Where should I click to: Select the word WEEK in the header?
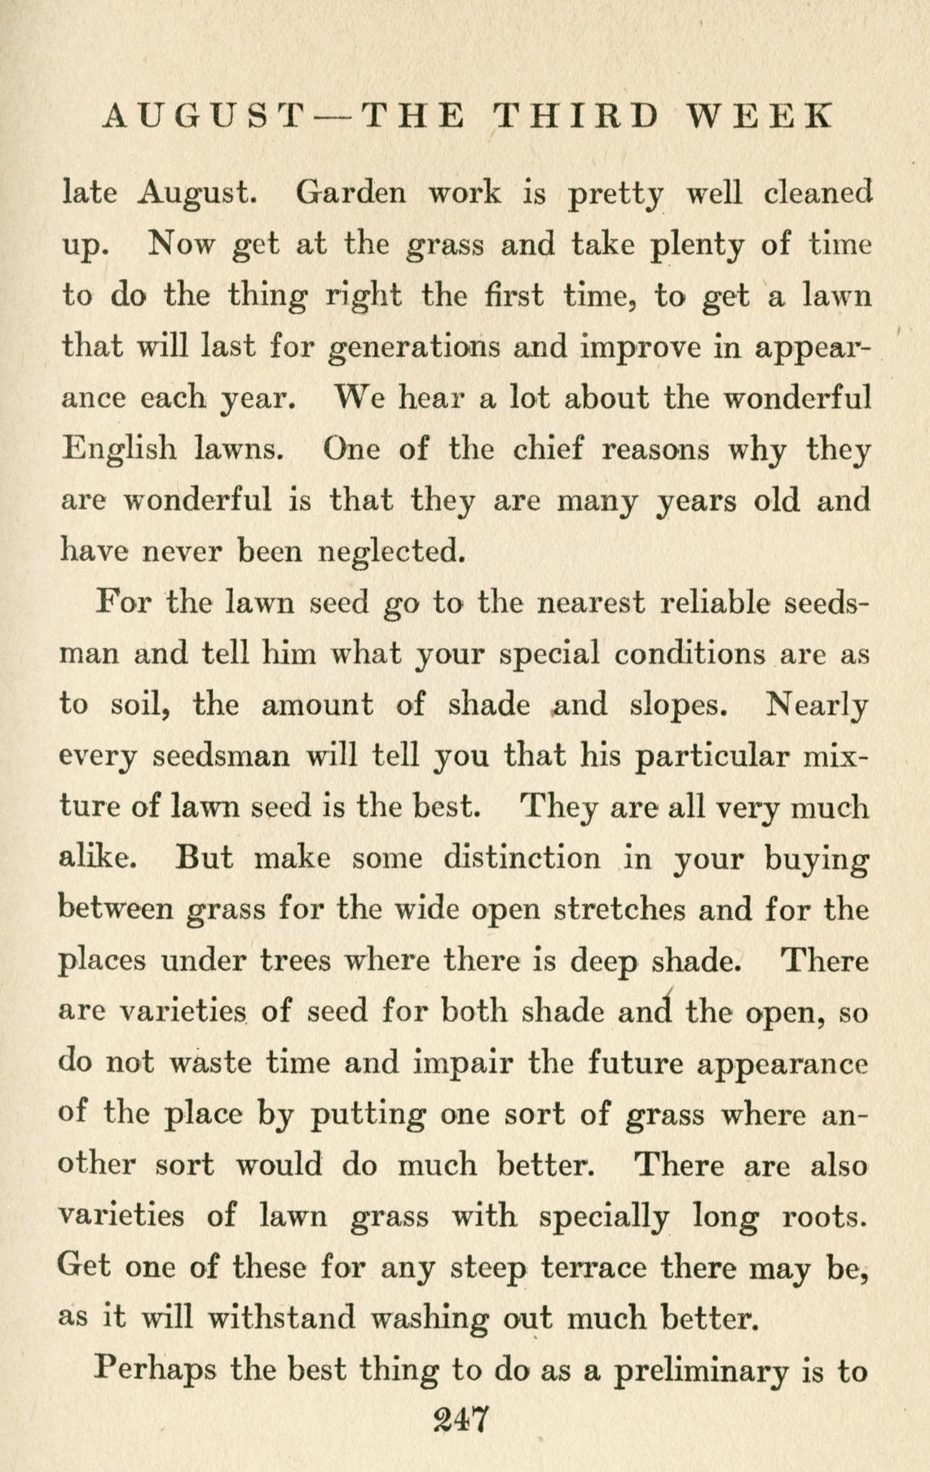(x=761, y=117)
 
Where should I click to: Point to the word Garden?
(x=350, y=193)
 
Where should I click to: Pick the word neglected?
(x=391, y=553)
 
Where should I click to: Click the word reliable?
(x=718, y=603)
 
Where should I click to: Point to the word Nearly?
(x=816, y=704)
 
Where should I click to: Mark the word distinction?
(x=522, y=858)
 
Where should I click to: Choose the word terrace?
(x=595, y=1268)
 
